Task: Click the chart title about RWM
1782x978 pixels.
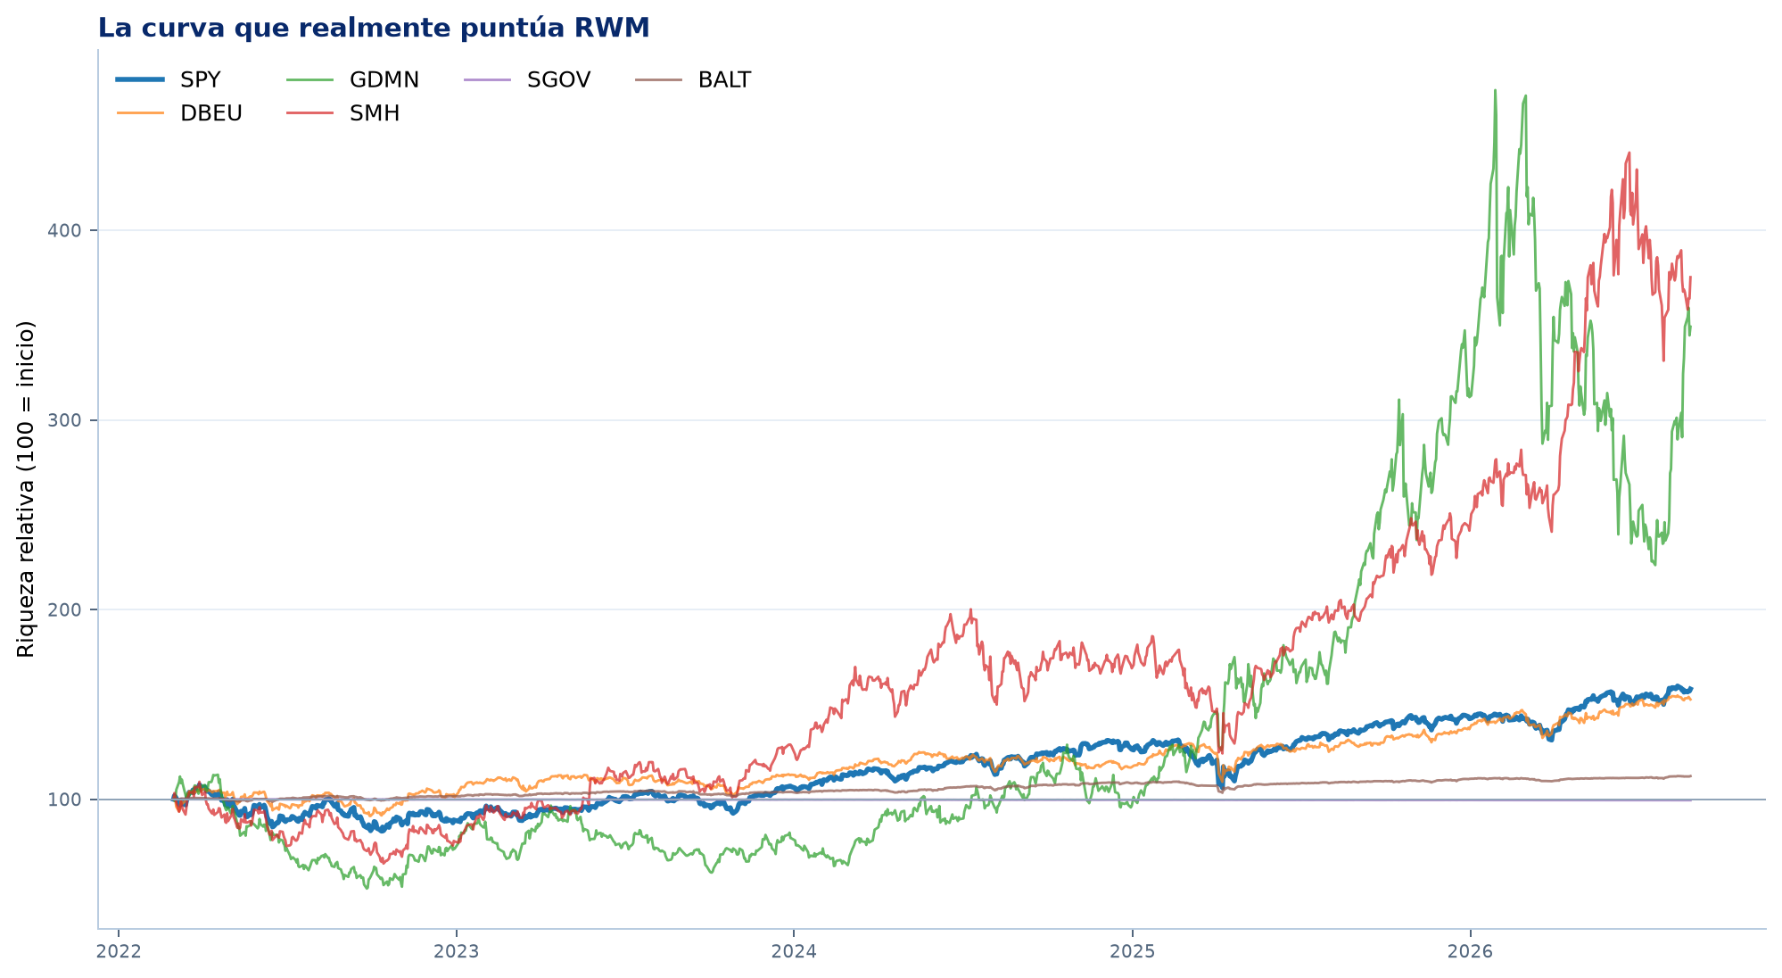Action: coord(374,29)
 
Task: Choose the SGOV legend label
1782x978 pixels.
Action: coord(558,79)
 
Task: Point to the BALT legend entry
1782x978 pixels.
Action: coord(724,79)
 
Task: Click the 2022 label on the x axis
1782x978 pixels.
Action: coord(119,951)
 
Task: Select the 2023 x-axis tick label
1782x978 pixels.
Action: coord(457,951)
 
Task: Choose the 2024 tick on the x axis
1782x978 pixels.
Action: coord(794,951)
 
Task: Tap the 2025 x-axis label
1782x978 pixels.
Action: coord(1132,951)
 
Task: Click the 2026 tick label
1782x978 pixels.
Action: coord(1470,951)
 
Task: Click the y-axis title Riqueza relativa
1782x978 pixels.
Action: coord(26,489)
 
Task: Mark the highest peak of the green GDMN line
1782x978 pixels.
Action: coord(1495,90)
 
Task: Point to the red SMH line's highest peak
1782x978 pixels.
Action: coord(1629,153)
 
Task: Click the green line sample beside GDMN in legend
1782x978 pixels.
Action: coord(309,80)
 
